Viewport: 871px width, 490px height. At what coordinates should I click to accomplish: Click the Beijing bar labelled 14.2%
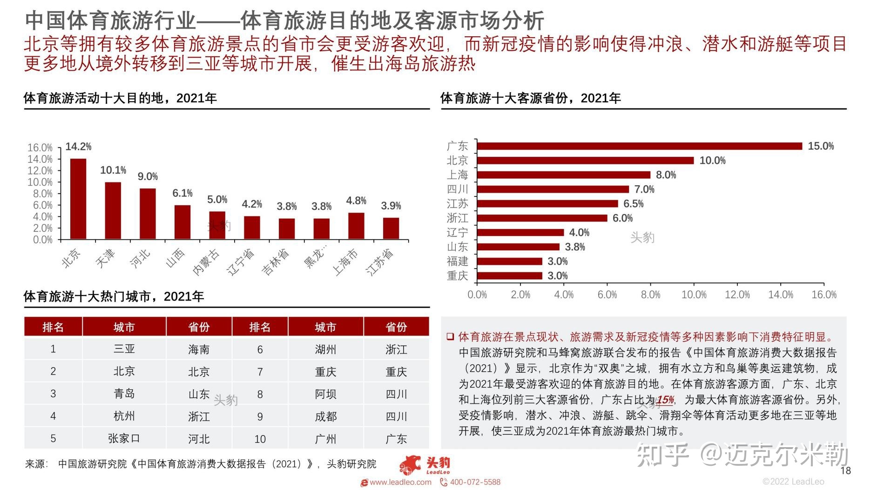78,199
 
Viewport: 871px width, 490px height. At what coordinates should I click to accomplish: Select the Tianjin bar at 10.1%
113,211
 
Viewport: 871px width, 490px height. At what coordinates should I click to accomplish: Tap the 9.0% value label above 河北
148,177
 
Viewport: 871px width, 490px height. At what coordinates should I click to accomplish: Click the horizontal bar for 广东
640,146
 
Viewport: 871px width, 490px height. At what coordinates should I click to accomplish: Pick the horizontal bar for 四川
553,189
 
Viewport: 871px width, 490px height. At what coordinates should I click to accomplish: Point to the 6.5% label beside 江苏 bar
633,204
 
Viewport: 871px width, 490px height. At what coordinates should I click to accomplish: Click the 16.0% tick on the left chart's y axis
40,148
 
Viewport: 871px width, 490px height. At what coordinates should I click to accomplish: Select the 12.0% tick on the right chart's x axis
737,295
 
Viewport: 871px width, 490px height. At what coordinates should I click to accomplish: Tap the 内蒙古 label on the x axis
206,262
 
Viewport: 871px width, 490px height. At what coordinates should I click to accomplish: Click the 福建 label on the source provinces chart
457,261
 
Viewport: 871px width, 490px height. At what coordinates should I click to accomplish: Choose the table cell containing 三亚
124,349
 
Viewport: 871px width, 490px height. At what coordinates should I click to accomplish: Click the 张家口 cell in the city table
124,438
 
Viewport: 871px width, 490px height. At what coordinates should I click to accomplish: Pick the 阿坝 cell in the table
325,394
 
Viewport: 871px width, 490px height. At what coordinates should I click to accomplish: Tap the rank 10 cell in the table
260,439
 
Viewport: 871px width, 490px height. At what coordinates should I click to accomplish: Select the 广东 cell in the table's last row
396,439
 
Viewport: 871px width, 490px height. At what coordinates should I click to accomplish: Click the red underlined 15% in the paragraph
665,400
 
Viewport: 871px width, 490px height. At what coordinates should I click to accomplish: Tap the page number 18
845,470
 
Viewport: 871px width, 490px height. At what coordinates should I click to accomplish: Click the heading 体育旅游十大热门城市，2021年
114,296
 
